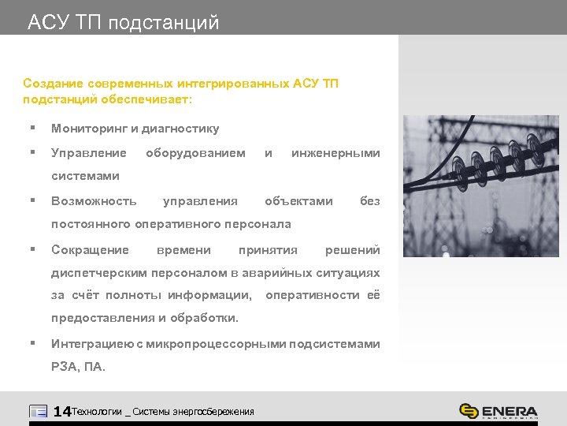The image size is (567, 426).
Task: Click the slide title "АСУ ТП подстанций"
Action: click(123, 22)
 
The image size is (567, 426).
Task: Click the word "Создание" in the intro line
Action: click(48, 83)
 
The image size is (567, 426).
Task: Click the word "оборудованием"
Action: click(195, 152)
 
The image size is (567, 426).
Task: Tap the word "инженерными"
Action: click(335, 152)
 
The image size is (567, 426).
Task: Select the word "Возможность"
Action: click(94, 200)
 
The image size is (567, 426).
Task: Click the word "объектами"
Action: click(298, 200)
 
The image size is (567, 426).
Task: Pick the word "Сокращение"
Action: click(90, 249)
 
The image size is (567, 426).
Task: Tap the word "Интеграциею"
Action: click(91, 344)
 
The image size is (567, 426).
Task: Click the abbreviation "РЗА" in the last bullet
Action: click(65, 367)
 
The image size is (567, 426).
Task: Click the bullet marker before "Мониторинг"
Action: click(31, 128)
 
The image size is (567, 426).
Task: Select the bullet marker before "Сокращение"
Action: click(31, 249)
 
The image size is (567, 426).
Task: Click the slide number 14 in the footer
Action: click(61, 411)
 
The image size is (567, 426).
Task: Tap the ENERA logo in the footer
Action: click(498, 411)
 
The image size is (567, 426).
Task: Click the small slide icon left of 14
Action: click(38, 411)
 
